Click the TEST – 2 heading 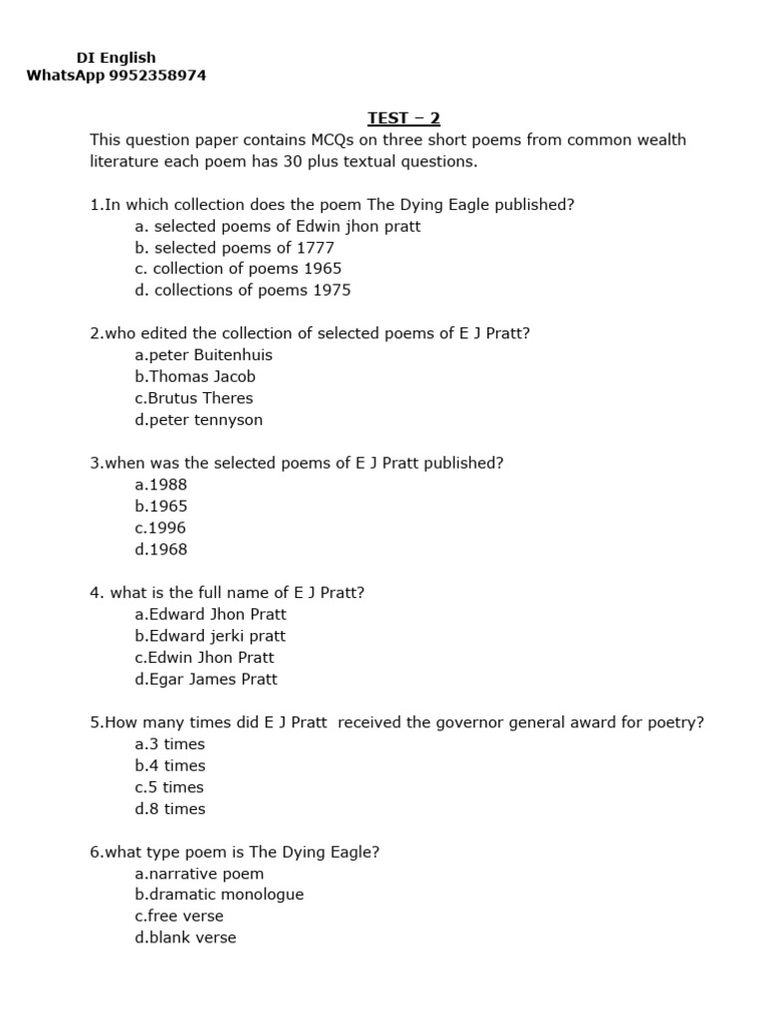pyautogui.click(x=403, y=118)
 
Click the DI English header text pyautogui.click(x=116, y=58)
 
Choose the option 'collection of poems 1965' pyautogui.click(x=238, y=269)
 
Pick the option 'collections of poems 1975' pyautogui.click(x=243, y=291)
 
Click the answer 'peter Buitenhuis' pyautogui.click(x=203, y=355)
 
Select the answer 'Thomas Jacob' pyautogui.click(x=195, y=377)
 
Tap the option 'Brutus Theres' pyautogui.click(x=194, y=398)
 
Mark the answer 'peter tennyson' pyautogui.click(x=199, y=420)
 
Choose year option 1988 pyautogui.click(x=161, y=485)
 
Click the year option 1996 pyautogui.click(x=160, y=528)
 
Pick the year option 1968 pyautogui.click(x=161, y=549)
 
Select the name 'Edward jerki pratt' pyautogui.click(x=210, y=636)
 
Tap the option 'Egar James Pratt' pyautogui.click(x=206, y=680)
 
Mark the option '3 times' pyautogui.click(x=170, y=744)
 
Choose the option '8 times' pyautogui.click(x=170, y=809)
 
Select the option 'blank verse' pyautogui.click(x=186, y=937)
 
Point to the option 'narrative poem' pyautogui.click(x=199, y=874)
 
